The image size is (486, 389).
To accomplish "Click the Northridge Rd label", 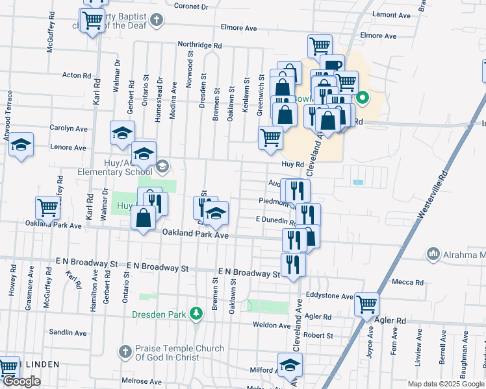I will [201, 45].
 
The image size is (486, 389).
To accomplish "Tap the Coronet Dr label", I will [191, 6].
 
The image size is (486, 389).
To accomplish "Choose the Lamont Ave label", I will [391, 15].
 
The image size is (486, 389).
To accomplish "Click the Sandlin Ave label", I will [71, 333].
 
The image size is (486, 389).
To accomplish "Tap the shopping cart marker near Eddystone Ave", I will [368, 303].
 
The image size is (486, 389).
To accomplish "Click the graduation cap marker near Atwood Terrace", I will [21, 145].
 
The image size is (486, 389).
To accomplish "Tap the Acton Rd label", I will [76, 75].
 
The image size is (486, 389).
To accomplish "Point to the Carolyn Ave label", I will [73, 128].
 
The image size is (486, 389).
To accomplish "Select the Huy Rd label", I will [293, 165].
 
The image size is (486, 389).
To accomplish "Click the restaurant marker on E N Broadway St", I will [294, 264].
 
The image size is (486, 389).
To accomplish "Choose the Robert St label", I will [318, 336].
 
